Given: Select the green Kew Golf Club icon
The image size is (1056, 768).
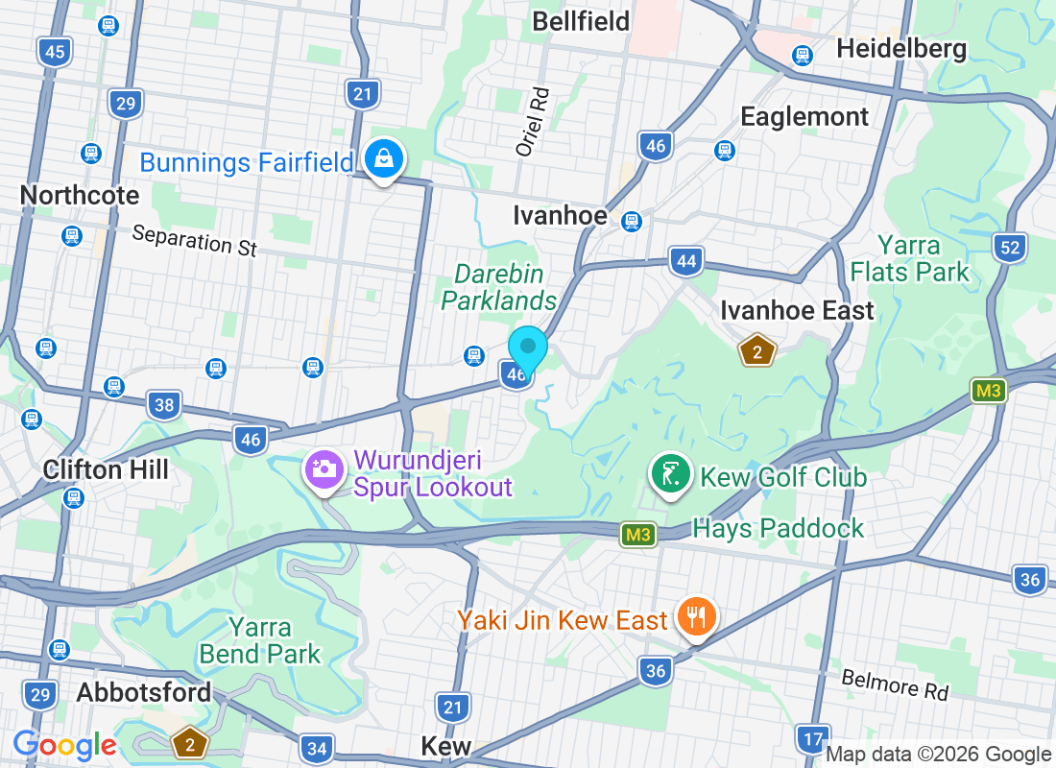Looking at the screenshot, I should pos(671,473).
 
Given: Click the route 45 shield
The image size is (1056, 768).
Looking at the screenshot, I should pos(55,51).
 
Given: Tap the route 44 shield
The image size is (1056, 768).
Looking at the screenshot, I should pos(686,261).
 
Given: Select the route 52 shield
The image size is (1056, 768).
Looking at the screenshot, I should pos(1009,248).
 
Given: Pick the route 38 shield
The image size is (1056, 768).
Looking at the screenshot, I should pos(164,405).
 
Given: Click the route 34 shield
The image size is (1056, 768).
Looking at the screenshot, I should pos(316,748).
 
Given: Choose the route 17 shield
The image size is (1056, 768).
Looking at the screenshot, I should pos(812,739).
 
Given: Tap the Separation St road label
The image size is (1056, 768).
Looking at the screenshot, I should pos(195,240).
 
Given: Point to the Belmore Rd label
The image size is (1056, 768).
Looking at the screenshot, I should pos(895,684).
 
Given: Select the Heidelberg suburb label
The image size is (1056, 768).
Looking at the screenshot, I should pos(901,49).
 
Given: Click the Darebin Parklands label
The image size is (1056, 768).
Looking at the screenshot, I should pos(499,287).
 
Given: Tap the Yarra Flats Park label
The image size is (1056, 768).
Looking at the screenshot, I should pos(910,258).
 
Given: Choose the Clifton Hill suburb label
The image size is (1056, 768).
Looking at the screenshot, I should pos(106,469).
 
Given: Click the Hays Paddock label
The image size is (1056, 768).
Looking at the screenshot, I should pos(779,528).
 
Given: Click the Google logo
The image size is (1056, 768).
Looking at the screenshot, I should pos(64,745).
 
